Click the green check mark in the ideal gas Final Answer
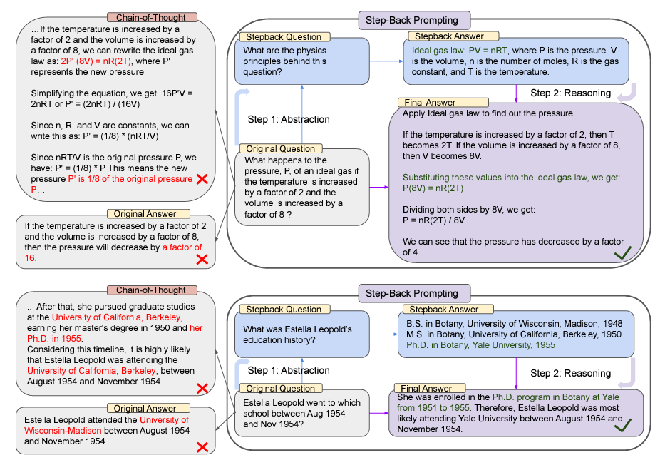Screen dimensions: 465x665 [x=623, y=252]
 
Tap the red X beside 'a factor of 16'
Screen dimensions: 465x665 [x=202, y=259]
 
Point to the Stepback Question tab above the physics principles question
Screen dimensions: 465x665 [x=284, y=36]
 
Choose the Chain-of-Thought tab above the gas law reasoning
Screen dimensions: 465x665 [x=151, y=17]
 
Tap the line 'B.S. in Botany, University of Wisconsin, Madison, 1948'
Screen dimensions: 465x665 [x=509, y=324]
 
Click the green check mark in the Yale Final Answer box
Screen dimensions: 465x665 [x=624, y=426]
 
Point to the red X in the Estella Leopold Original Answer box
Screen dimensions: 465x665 [x=202, y=446]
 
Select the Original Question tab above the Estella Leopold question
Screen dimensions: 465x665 [x=282, y=388]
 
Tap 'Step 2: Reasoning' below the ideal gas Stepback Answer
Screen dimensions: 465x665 [x=570, y=93]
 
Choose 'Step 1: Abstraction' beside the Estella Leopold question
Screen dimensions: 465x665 [x=289, y=370]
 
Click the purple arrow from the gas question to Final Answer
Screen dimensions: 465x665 [x=379, y=188]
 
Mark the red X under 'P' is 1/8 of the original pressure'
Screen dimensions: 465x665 [x=202, y=180]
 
